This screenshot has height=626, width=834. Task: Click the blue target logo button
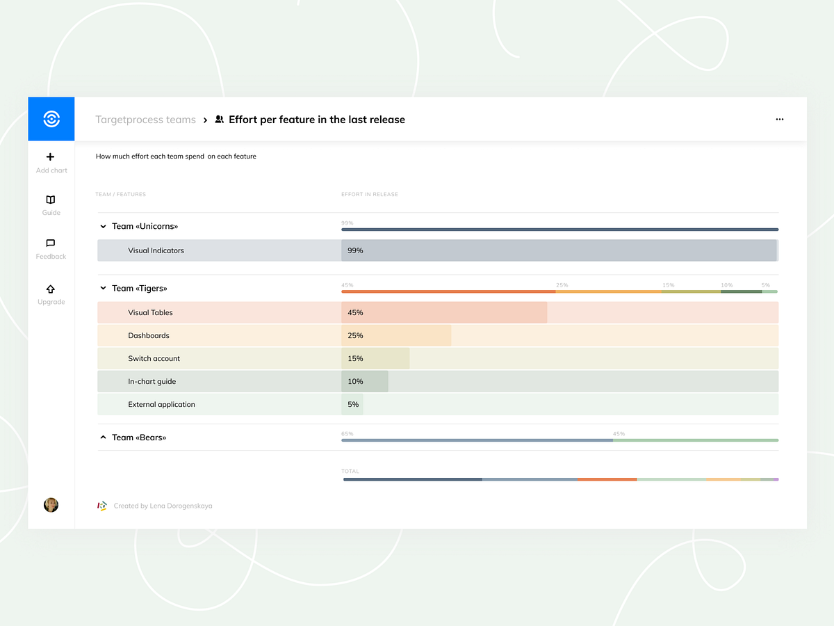(51, 119)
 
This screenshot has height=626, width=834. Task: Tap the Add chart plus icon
(51, 157)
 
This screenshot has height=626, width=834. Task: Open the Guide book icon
(51, 200)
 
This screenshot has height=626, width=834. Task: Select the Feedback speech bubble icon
(51, 243)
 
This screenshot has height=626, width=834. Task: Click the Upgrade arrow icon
(51, 289)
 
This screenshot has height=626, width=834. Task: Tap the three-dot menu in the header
(780, 120)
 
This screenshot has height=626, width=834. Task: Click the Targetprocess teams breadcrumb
(145, 120)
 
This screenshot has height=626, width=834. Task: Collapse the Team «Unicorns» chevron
(103, 226)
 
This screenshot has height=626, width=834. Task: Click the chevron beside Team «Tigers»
(103, 288)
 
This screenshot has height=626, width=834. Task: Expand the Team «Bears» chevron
(103, 438)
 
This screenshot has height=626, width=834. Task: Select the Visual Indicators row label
(156, 250)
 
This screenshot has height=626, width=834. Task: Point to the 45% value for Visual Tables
(355, 312)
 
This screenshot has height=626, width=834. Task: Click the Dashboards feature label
(149, 335)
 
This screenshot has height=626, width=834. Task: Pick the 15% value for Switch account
(355, 358)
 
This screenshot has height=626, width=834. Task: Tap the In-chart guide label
(152, 381)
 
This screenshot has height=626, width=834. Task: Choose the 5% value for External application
(353, 404)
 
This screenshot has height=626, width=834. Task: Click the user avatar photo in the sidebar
(51, 505)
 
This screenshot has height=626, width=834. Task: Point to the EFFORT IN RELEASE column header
(370, 195)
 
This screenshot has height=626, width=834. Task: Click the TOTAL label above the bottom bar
(350, 472)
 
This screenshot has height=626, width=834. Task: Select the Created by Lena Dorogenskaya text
(163, 506)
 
